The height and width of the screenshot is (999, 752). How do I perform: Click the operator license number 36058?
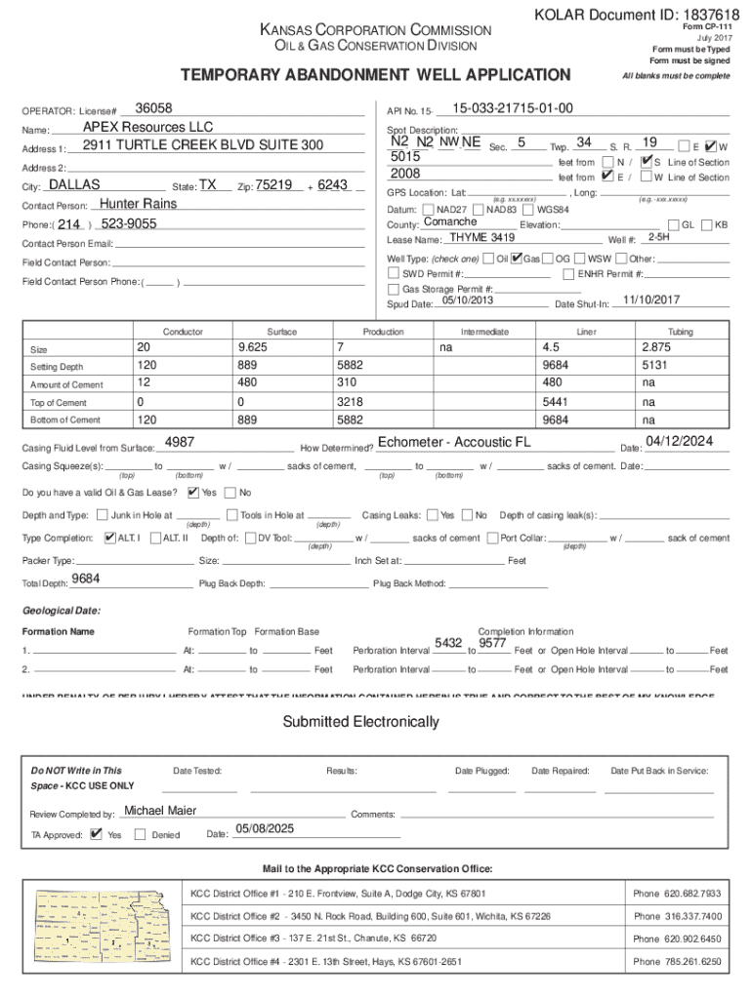(153, 108)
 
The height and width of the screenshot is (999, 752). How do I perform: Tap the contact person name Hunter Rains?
(139, 204)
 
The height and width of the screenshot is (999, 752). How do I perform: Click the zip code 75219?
(274, 184)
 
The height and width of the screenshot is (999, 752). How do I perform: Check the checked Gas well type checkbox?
(517, 259)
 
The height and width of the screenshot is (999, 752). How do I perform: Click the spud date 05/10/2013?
(467, 300)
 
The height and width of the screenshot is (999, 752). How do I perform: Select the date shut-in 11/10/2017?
(651, 300)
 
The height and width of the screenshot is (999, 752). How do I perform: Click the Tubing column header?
(680, 332)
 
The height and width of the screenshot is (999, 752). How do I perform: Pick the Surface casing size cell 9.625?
(253, 348)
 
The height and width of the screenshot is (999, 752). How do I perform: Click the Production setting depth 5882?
(350, 366)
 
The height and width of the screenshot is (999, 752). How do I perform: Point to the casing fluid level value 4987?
(180, 442)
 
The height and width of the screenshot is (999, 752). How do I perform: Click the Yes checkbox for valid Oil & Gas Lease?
(193, 492)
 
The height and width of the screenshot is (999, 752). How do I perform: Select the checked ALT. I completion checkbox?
(109, 538)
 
